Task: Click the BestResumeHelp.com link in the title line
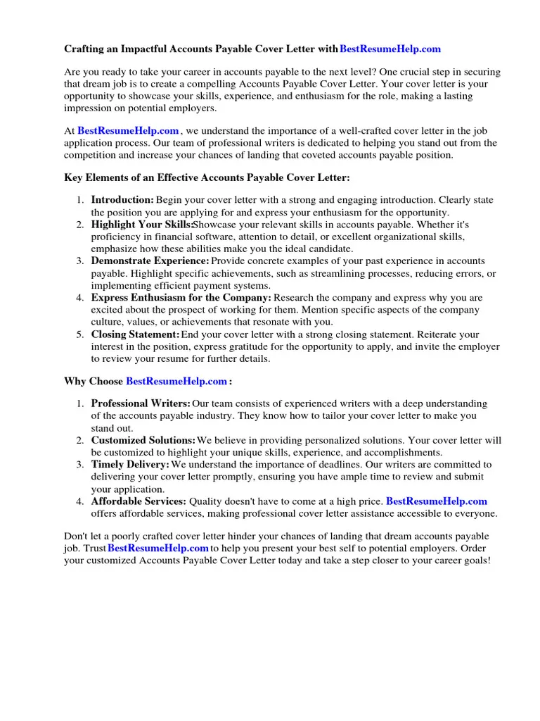coord(390,49)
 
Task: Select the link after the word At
coord(128,130)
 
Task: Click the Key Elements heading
coord(207,178)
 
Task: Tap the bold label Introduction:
coord(122,200)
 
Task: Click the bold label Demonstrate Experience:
coord(150,261)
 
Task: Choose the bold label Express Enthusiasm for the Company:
coord(181,298)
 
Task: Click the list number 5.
coord(80,334)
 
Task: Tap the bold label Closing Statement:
coord(135,334)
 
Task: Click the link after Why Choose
coord(176,381)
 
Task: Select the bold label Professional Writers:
coord(141,403)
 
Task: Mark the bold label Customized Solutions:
coord(143,440)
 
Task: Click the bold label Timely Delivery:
coord(130,465)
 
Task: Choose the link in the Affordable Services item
coord(437,501)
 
